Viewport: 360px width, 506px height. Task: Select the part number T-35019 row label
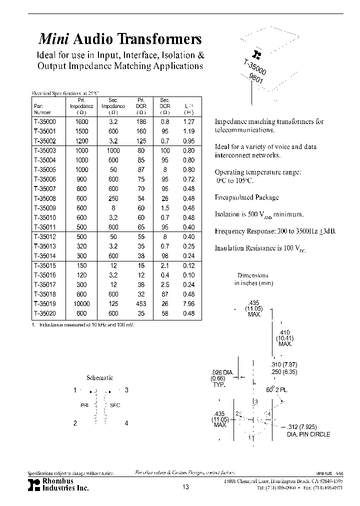point(45,303)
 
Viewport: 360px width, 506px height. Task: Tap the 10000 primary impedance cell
point(82,303)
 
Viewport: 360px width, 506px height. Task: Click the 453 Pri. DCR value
point(140,303)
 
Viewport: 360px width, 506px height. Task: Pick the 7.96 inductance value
point(188,303)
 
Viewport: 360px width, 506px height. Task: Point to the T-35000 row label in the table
point(45,121)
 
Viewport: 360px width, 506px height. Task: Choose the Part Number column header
point(43,109)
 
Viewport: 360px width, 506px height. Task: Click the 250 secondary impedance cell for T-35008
point(113,198)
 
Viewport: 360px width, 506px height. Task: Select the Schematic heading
point(100,378)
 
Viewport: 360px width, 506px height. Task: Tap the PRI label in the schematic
point(84,405)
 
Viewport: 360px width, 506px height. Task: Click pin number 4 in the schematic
point(126,423)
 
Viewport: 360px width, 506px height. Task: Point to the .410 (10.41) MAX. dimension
point(284,338)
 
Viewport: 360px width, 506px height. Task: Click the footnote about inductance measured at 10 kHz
point(83,324)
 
